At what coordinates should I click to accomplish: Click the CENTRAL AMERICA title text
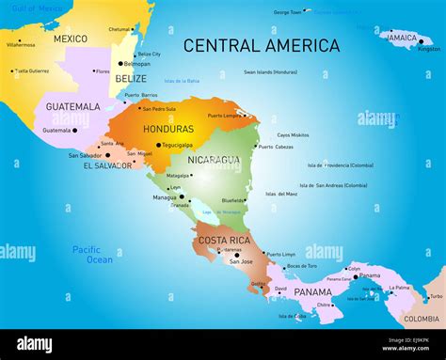(x=262, y=45)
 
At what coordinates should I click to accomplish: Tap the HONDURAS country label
(x=168, y=129)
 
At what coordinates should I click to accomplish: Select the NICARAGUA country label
(x=214, y=160)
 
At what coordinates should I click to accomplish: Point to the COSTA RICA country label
(x=224, y=241)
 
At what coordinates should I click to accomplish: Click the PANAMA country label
(x=312, y=292)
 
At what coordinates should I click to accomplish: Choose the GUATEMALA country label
(x=72, y=106)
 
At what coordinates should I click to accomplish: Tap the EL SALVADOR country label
(x=107, y=165)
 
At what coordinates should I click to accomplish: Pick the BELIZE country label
(x=131, y=79)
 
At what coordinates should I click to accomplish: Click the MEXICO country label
(x=70, y=39)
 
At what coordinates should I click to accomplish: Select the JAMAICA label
(x=402, y=38)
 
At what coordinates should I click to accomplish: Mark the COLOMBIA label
(x=422, y=319)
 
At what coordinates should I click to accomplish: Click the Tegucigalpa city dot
(x=158, y=146)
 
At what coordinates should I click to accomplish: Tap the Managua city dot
(x=182, y=197)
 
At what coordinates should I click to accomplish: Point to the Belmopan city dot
(x=120, y=64)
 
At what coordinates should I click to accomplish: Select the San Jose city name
(x=242, y=261)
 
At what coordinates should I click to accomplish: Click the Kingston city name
(x=429, y=49)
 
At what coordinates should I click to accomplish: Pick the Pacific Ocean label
(x=93, y=254)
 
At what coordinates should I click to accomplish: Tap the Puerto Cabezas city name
(x=277, y=147)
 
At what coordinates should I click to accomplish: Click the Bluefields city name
(x=233, y=200)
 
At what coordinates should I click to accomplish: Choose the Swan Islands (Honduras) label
(x=270, y=72)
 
